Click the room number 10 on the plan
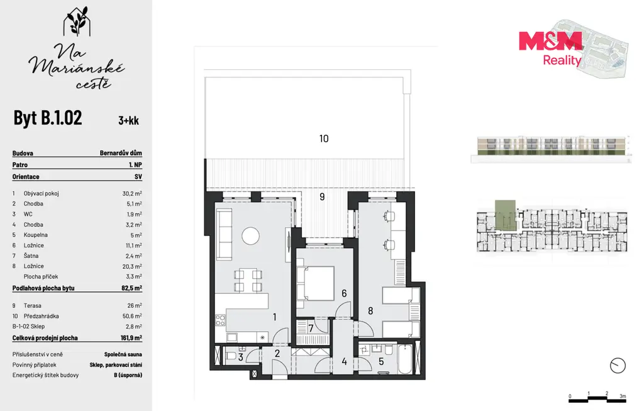click(324, 138)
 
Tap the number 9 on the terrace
click(322, 197)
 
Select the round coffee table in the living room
click(250, 236)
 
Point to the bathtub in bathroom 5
click(404, 359)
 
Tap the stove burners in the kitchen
click(220, 320)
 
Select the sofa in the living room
click(225, 234)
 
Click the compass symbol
click(618, 366)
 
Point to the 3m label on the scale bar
click(623, 396)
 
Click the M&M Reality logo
click(550, 48)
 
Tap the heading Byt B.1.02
click(48, 118)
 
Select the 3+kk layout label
click(128, 120)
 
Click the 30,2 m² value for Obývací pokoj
click(132, 193)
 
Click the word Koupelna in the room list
click(36, 235)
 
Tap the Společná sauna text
click(123, 354)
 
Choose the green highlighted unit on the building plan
click(505, 215)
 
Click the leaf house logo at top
click(77, 21)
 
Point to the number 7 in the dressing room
click(311, 329)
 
